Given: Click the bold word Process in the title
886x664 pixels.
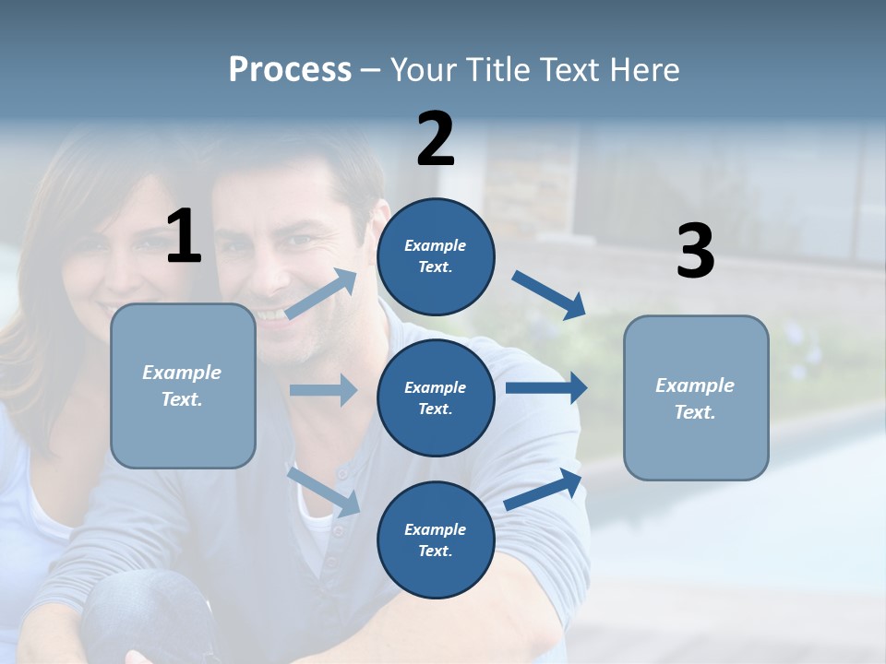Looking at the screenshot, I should [x=290, y=69].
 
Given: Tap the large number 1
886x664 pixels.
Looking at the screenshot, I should [x=184, y=236].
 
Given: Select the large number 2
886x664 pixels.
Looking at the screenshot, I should [x=436, y=138].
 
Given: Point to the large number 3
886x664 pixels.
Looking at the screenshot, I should [x=695, y=252].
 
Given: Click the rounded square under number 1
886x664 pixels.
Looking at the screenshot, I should [x=183, y=385].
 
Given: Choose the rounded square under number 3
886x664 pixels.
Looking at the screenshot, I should [x=696, y=397].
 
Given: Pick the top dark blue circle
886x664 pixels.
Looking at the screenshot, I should [x=436, y=256].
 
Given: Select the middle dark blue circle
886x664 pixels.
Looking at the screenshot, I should [x=436, y=397].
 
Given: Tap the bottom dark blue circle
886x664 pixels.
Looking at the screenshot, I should [x=436, y=539].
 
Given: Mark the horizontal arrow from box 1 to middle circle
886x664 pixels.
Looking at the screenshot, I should [x=323, y=390].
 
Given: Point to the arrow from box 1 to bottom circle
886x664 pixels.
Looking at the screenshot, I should [x=323, y=491].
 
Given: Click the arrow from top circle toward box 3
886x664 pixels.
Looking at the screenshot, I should [x=548, y=294].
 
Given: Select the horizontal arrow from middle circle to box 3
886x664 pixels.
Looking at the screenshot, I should [x=546, y=387].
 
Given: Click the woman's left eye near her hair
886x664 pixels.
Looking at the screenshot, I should [x=91, y=245].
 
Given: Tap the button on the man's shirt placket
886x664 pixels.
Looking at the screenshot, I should [x=342, y=473].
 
